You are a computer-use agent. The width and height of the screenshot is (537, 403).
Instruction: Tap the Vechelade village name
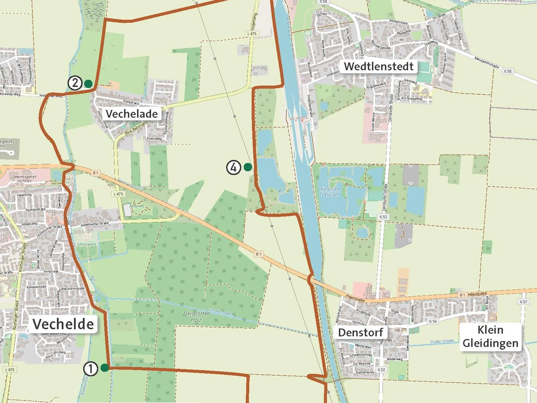click(x=132, y=114)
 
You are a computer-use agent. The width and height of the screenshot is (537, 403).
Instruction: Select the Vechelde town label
click(x=63, y=324)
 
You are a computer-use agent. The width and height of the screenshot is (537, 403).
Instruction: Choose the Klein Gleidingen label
click(x=491, y=337)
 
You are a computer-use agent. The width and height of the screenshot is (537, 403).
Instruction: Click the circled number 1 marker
click(x=90, y=368)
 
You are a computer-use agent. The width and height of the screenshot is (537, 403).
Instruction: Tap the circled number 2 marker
click(x=75, y=83)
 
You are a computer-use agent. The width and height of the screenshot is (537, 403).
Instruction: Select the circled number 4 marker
click(x=233, y=167)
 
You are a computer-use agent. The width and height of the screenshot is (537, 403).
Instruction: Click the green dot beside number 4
click(x=248, y=167)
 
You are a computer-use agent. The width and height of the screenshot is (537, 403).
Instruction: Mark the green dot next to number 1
click(x=105, y=367)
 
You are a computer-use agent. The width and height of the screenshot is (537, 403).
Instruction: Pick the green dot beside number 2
click(x=88, y=83)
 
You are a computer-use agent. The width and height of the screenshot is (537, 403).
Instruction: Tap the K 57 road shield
click(x=524, y=301)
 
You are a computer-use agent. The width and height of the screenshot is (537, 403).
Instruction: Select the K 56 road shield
click(x=433, y=321)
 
